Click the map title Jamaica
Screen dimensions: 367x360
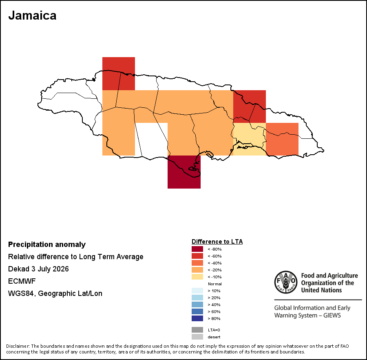pos(32,16)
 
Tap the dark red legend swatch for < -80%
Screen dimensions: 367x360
pos(197,249)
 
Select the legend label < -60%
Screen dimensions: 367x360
pos(214,256)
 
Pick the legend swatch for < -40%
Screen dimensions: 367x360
pos(197,263)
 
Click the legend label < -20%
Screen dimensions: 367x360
pos(214,270)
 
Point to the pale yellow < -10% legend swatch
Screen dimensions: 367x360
pos(197,277)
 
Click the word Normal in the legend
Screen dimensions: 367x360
pos(215,284)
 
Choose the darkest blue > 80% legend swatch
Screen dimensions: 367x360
pos(197,318)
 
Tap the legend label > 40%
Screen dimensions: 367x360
pos(214,305)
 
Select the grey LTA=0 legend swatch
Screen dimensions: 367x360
pos(197,330)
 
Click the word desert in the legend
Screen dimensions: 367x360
pos(214,337)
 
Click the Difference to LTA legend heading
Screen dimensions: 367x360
pos(217,242)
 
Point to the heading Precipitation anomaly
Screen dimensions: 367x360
pos(47,244)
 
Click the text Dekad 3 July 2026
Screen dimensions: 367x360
pos(38,269)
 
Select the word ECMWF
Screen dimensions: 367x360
pos(22,281)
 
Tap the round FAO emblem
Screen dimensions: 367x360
pos(286,282)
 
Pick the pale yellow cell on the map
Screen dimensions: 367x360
pos(250,139)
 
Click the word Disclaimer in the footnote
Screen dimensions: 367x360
pos(18,346)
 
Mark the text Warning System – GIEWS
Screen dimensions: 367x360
pos(307,315)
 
